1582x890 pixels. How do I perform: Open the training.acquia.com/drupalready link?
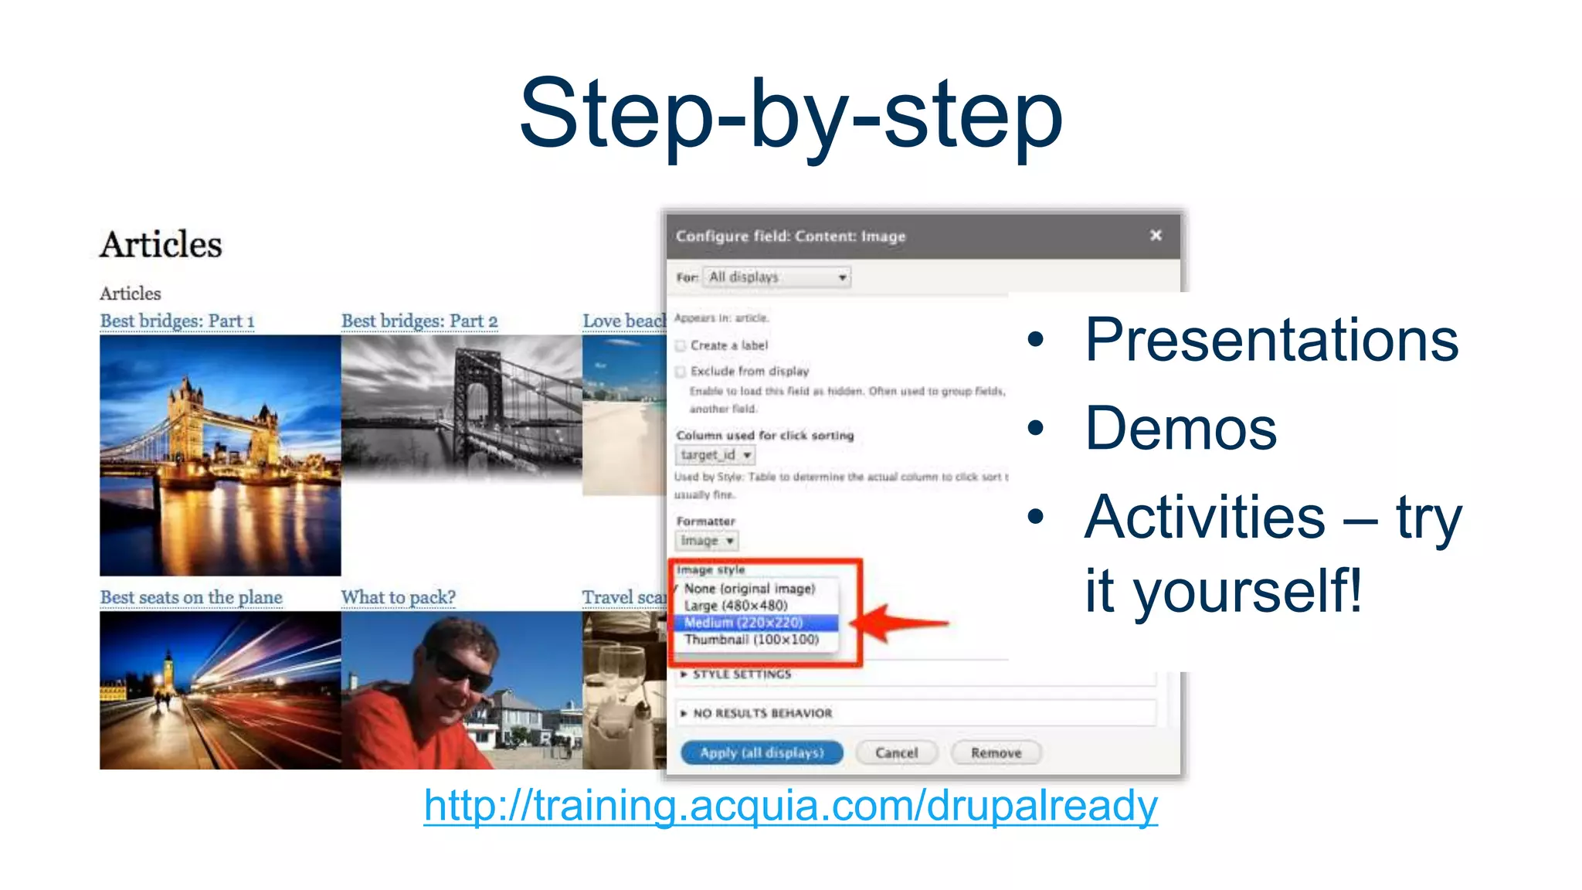[x=791, y=806]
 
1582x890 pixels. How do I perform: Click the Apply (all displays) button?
[x=762, y=752]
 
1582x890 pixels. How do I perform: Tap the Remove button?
[x=996, y=752]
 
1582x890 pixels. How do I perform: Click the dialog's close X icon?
[x=1156, y=235]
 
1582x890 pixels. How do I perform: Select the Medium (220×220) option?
[x=744, y=623]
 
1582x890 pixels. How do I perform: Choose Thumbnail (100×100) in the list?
[x=751, y=640]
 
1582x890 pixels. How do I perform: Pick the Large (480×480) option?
[x=735, y=606]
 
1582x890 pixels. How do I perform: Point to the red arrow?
[x=904, y=623]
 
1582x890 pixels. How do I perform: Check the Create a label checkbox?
[x=681, y=345]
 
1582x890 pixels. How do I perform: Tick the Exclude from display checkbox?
[x=681, y=372]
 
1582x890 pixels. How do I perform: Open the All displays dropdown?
[x=776, y=277]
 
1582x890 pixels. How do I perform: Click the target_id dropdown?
[x=715, y=455]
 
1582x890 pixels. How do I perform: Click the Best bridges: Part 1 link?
[x=177, y=321]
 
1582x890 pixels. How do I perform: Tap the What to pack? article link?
[x=399, y=597]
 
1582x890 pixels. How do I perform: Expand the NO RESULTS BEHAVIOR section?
[x=762, y=713]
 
